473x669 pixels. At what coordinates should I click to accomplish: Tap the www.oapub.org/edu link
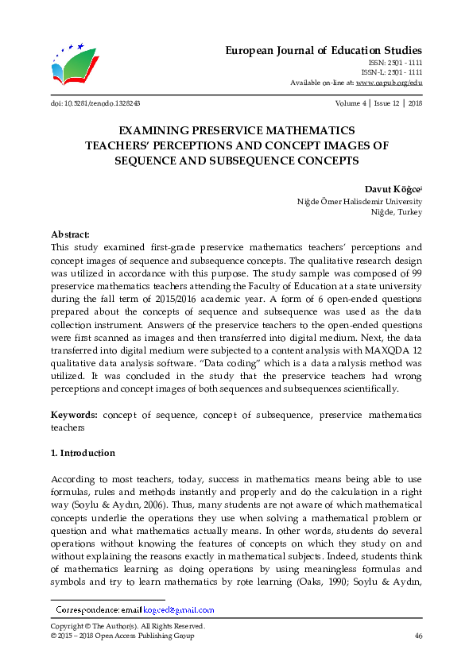click(389, 83)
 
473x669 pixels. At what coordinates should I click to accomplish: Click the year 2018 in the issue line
click(414, 103)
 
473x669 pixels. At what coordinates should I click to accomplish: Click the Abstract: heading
click(70, 234)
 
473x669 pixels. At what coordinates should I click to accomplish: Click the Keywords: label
click(75, 415)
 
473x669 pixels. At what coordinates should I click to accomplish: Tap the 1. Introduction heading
click(83, 453)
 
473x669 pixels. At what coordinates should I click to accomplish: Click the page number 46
click(418, 636)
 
